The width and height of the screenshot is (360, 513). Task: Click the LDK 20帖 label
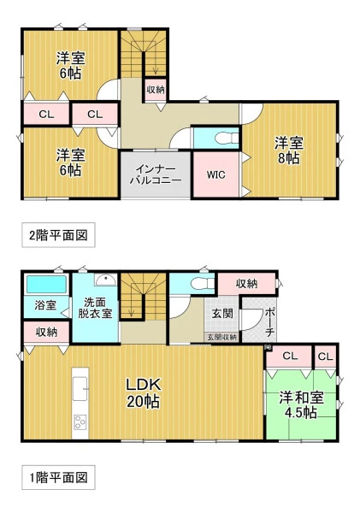tap(144, 392)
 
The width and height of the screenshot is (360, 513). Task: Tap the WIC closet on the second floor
tap(216, 174)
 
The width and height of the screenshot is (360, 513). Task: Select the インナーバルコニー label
tap(156, 174)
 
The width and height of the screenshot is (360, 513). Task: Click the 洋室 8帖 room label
tap(289, 150)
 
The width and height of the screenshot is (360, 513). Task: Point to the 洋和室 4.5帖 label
tap(301, 404)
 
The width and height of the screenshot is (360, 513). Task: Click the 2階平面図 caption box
tap(58, 235)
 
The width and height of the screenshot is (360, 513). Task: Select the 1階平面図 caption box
tap(58, 477)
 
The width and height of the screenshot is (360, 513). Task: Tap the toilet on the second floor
tap(227, 138)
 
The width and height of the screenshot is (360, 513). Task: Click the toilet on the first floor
tap(203, 283)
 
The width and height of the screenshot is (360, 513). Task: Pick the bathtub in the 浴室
tap(46, 285)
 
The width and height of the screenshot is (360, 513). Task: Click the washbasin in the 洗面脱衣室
tap(106, 280)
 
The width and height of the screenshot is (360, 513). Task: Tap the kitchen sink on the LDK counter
tap(80, 389)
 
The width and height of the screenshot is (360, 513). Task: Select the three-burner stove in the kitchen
tap(80, 422)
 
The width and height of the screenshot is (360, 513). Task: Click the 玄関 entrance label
tap(222, 313)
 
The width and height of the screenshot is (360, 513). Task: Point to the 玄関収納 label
tap(222, 337)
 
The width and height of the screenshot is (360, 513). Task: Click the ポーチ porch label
tap(270, 322)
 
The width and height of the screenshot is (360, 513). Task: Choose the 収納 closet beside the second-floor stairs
tap(156, 89)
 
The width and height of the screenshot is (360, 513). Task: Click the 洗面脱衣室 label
tap(95, 308)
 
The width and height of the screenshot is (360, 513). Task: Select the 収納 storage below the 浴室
tap(46, 333)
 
